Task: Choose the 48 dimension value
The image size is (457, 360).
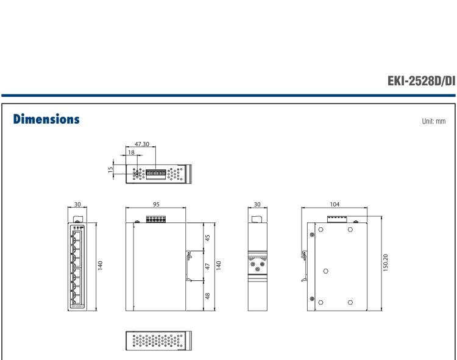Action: click(x=209, y=295)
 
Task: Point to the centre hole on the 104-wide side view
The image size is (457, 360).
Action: click(x=327, y=270)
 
